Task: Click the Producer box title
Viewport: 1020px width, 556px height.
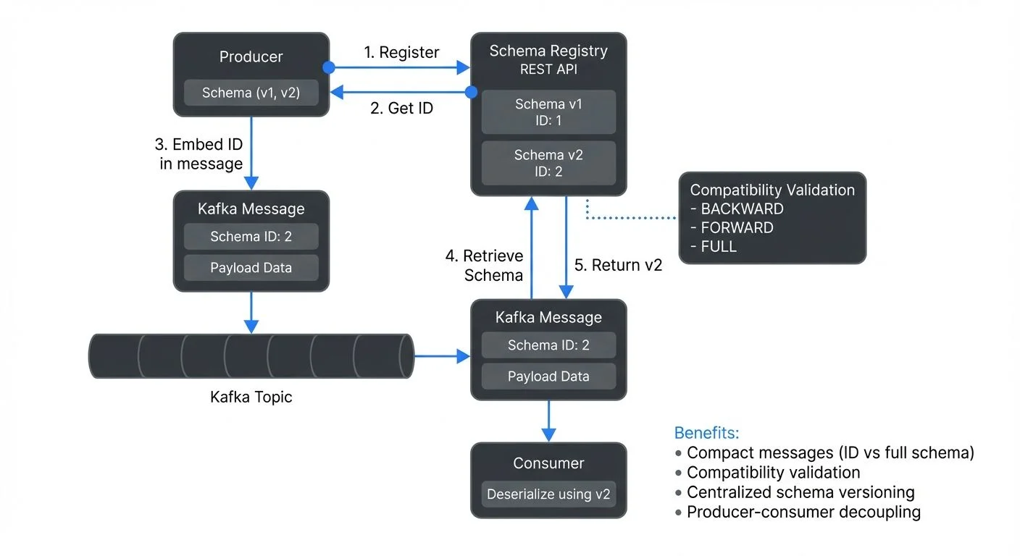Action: point(251,56)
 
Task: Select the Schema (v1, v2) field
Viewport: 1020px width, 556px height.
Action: point(251,93)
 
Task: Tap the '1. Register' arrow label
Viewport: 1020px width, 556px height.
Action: point(401,52)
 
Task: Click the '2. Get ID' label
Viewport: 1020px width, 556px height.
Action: point(401,108)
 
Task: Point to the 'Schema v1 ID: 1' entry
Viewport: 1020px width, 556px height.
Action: point(548,112)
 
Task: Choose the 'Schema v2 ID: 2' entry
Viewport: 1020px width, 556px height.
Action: point(548,163)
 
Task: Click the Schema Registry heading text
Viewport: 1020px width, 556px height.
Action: point(548,51)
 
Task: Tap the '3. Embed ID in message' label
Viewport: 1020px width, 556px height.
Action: point(201,154)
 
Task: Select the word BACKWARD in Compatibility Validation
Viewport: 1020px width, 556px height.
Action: point(742,208)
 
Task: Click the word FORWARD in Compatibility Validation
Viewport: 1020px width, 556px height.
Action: point(737,227)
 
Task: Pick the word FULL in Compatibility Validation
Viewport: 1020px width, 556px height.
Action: point(719,246)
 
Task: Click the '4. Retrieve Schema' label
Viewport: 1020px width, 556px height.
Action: point(484,266)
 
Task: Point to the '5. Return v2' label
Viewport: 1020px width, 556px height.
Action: point(618,265)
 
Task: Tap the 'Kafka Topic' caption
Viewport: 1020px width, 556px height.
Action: point(251,397)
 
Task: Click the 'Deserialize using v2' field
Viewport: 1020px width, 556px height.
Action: point(548,494)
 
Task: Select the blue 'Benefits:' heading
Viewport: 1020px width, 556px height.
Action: point(706,433)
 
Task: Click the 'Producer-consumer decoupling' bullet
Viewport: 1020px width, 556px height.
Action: point(803,512)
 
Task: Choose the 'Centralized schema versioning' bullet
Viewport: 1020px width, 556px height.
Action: point(800,492)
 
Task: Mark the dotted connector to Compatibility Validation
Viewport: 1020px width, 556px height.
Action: point(630,217)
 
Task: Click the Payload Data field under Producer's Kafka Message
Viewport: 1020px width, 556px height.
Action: point(251,268)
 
